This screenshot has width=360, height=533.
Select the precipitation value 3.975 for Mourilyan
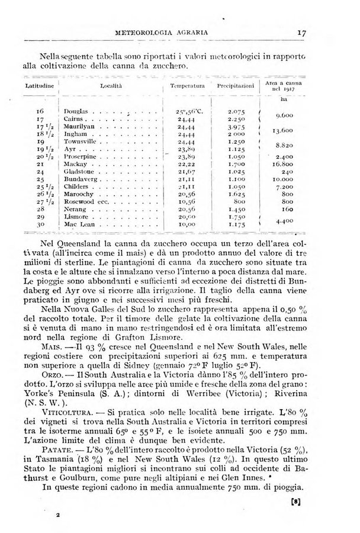coord(236,127)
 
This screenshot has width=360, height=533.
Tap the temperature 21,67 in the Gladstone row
coord(188,171)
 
